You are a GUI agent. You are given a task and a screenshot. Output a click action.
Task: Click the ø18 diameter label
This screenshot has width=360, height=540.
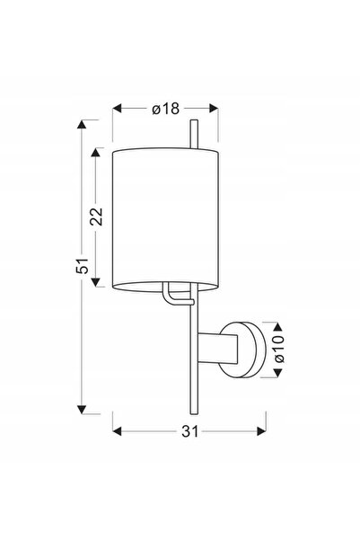(165, 109)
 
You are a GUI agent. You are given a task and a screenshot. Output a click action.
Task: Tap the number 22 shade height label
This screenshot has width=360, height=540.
(96, 217)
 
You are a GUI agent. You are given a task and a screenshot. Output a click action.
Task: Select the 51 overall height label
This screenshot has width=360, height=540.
(82, 266)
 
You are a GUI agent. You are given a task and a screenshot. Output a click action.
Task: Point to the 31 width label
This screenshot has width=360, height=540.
(190, 431)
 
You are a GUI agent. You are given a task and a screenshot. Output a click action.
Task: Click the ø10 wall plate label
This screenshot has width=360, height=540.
(279, 349)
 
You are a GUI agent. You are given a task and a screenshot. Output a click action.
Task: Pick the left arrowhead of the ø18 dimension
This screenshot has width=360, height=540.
(118, 109)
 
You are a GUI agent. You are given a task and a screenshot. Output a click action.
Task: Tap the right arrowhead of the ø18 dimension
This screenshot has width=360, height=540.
(214, 109)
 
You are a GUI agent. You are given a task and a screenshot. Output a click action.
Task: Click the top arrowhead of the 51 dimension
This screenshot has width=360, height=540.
(82, 124)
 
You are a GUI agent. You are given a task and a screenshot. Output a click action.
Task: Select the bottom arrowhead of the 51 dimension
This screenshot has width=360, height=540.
(82, 410)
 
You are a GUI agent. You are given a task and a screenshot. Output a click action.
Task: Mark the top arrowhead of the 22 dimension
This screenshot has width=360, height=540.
(96, 152)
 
